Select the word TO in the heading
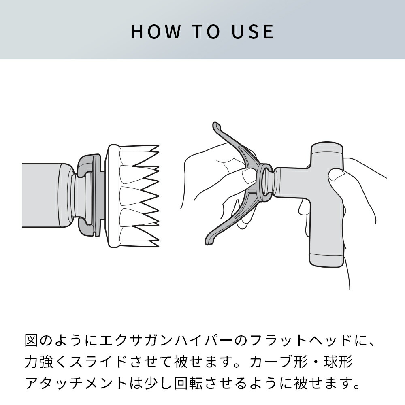pos(203,32)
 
